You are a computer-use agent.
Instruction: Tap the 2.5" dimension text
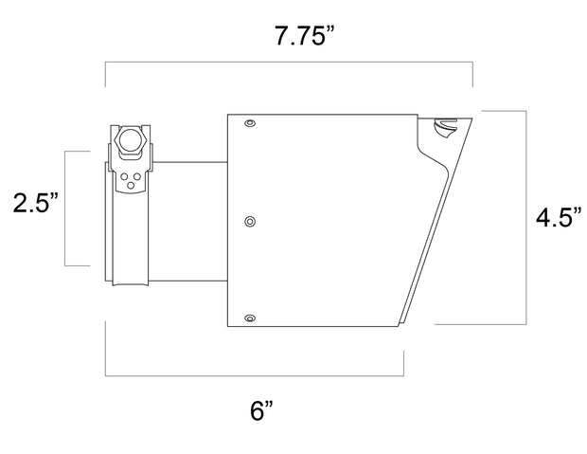tap(35, 202)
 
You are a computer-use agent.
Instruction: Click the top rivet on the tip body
tap(249, 124)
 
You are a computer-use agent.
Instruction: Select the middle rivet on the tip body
tap(249, 221)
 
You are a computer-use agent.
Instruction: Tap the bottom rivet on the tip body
tap(249, 318)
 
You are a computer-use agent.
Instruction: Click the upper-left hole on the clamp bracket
tap(125, 176)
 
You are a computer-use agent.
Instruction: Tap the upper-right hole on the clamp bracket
tap(136, 176)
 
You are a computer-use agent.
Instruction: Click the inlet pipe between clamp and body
tap(189, 222)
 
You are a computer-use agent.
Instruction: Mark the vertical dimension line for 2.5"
tap(65, 209)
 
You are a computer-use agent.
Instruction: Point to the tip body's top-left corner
tap(228, 114)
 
